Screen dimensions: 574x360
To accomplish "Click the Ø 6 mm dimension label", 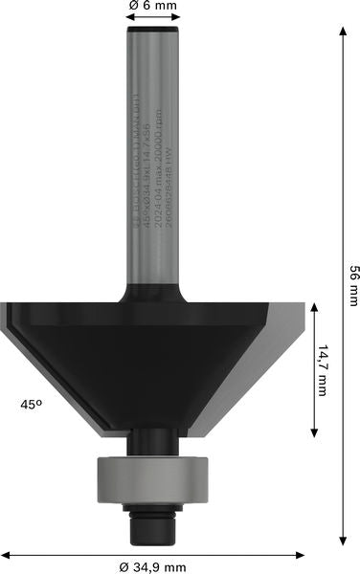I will point(154,8).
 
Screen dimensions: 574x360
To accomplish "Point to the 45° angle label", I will point(32,405).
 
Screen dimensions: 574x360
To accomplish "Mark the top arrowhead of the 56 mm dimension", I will point(342,31).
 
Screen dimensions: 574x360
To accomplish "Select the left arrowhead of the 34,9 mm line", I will point(6,553).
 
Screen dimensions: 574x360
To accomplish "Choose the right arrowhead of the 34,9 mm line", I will point(302,553).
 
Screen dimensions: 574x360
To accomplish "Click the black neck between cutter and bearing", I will point(154,442).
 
